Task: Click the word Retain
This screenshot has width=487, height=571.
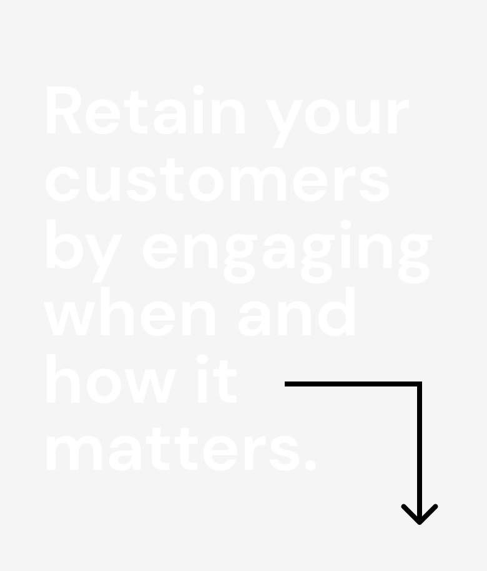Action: click(145, 110)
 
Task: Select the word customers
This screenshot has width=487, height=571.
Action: click(217, 180)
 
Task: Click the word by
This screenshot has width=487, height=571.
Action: click(84, 251)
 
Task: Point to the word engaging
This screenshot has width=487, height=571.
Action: click(287, 252)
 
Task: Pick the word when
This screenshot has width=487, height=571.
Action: click(129, 311)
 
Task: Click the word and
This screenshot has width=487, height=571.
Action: click(297, 311)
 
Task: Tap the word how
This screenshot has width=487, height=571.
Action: click(112, 379)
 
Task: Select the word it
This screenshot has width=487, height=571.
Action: click(217, 379)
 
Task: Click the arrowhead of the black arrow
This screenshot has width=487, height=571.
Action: click(420, 514)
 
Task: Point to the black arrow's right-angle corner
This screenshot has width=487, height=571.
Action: click(420, 384)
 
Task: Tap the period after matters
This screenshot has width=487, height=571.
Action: click(310, 466)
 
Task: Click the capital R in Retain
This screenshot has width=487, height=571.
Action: click(64, 110)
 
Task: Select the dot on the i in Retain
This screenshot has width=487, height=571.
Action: click(199, 90)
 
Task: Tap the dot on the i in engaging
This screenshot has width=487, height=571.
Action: click(346, 224)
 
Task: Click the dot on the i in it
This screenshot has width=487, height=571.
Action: click(202, 359)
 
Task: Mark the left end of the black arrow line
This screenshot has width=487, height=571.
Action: click(285, 384)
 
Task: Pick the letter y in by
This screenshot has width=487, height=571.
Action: click(104, 259)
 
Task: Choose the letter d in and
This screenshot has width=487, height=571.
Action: click(337, 312)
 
